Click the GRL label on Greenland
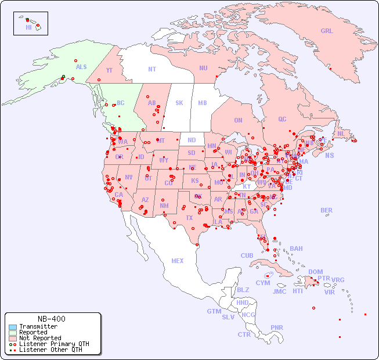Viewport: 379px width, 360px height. click(327, 31)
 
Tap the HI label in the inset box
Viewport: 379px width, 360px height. click(28, 27)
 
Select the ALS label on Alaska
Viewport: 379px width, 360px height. click(81, 67)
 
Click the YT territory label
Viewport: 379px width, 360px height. click(109, 70)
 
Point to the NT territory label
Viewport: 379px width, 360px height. click(151, 69)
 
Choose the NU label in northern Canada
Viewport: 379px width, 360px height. click(203, 69)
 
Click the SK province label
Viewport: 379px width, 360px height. click(179, 103)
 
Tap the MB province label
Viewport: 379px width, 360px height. click(202, 103)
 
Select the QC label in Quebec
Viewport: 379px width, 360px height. click(282, 120)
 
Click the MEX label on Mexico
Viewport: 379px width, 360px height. click(178, 261)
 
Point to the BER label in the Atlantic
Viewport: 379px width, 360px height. click(327, 211)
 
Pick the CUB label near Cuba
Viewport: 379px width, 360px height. click(247, 256)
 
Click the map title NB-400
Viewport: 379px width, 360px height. click(51, 319)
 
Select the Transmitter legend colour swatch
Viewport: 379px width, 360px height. click(13, 327)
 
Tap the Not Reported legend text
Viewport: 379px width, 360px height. click(39, 338)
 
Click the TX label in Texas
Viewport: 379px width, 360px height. click(189, 218)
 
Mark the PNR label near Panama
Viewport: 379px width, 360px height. click(277, 328)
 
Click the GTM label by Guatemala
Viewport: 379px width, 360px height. click(214, 312)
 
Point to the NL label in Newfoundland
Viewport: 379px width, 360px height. click(341, 134)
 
